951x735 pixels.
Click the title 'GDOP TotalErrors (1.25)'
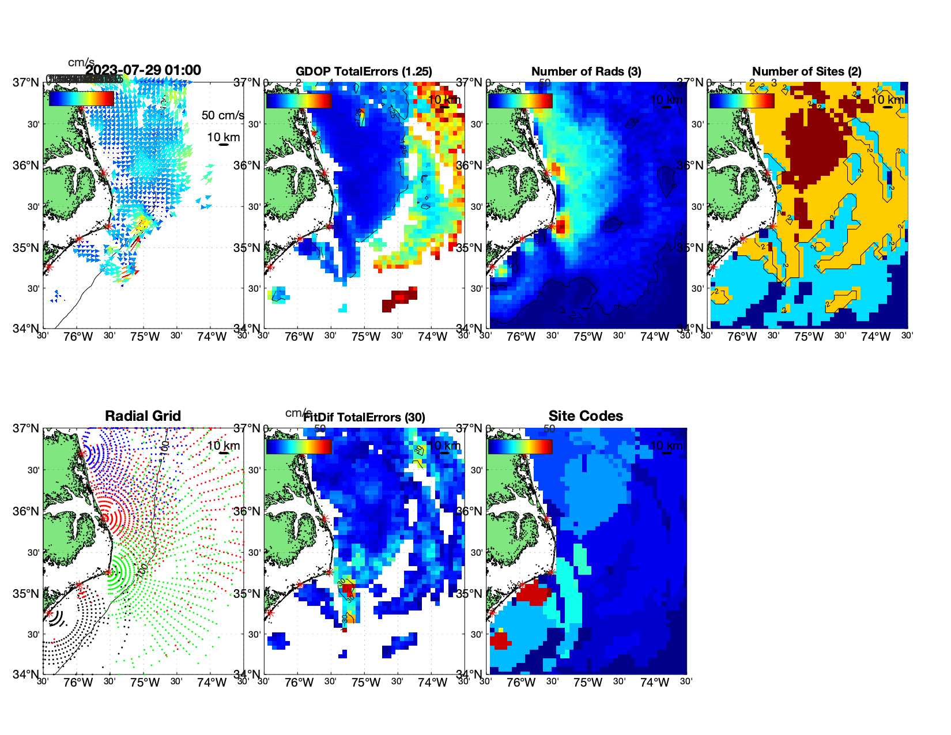(364, 71)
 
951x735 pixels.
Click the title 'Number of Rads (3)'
(586, 71)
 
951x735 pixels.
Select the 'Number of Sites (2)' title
(806, 71)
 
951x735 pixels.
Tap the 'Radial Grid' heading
(143, 416)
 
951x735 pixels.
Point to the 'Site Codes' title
(586, 416)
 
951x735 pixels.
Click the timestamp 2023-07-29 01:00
(144, 70)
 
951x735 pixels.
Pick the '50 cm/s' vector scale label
(222, 115)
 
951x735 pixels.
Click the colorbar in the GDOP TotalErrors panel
(299, 100)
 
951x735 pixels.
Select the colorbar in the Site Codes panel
(520, 446)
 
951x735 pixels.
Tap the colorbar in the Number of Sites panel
(742, 100)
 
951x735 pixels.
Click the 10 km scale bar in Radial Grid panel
(224, 453)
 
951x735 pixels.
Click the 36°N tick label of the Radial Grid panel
(27, 511)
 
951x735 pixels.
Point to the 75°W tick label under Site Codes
(587, 683)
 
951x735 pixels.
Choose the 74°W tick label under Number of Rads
(654, 337)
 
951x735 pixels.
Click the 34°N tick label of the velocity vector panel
(27, 329)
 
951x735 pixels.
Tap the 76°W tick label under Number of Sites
(742, 337)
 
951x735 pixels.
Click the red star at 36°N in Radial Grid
(105, 518)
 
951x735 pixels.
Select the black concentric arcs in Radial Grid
(55, 618)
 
